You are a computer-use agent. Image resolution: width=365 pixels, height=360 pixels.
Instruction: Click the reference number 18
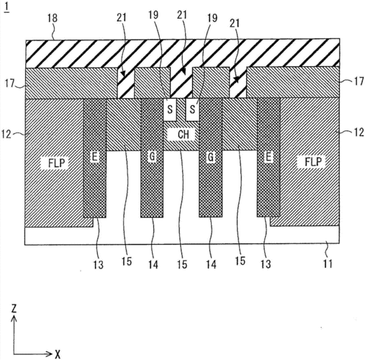(x=53, y=18)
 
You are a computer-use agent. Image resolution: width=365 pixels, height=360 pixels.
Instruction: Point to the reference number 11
(x=328, y=264)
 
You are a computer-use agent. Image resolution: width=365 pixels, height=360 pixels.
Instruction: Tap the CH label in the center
(x=184, y=135)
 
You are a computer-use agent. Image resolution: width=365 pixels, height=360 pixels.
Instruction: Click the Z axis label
(x=14, y=309)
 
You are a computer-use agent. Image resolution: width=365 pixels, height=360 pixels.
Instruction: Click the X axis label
(x=58, y=354)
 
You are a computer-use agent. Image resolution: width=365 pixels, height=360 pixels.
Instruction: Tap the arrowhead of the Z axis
(x=14, y=318)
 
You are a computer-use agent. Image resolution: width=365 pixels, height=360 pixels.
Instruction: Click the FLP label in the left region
(x=57, y=163)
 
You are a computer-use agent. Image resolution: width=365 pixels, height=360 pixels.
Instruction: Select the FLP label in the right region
(x=313, y=162)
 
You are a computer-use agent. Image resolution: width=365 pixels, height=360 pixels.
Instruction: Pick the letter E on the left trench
(x=95, y=157)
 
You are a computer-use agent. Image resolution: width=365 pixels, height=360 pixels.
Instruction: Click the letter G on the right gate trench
(x=210, y=157)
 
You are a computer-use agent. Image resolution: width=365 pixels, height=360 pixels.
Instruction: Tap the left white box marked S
(x=170, y=110)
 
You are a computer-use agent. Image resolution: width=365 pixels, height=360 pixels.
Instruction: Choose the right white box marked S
(x=192, y=109)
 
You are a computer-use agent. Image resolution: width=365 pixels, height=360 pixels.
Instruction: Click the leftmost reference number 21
(x=122, y=18)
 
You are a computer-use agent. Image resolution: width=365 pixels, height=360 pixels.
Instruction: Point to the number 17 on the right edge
(x=359, y=81)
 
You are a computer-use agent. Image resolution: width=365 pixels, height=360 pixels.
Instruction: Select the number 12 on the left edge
(x=6, y=134)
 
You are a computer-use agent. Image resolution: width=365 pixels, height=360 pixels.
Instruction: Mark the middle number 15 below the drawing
(x=182, y=264)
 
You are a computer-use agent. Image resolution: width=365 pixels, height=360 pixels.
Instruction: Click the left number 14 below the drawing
(x=153, y=264)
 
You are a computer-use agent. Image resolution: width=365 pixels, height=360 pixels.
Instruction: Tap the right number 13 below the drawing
(x=266, y=264)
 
